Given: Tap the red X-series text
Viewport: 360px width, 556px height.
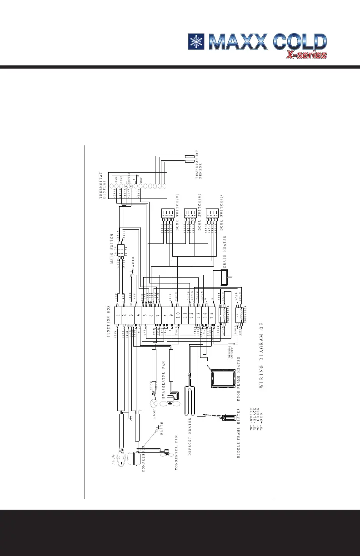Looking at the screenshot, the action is tap(306, 55).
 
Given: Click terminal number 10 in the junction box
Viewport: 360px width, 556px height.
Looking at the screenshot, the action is tap(178, 314).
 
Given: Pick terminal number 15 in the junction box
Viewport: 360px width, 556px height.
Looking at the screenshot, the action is tap(212, 314).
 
